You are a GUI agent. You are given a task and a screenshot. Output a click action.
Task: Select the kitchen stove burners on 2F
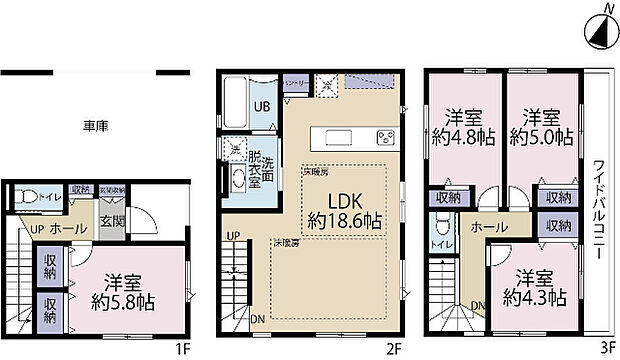coord(385,136)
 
